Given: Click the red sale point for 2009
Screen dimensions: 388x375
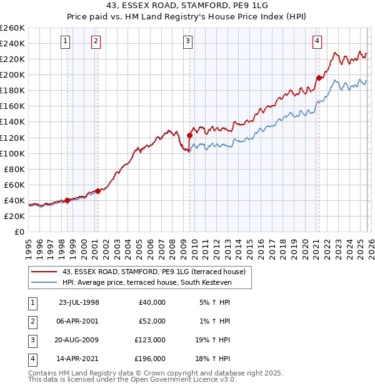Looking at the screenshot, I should point(189,135).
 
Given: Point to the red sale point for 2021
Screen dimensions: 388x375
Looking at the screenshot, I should point(319,78).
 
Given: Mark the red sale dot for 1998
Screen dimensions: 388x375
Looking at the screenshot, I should point(67,200).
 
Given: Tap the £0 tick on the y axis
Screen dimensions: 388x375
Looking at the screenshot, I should point(19,232).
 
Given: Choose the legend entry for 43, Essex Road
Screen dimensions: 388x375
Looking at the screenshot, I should point(154,272).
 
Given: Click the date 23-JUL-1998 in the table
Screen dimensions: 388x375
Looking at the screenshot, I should point(78,302).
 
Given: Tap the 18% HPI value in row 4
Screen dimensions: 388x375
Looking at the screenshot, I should point(213,359).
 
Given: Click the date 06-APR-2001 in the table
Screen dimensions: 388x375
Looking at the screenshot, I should point(78,321).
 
